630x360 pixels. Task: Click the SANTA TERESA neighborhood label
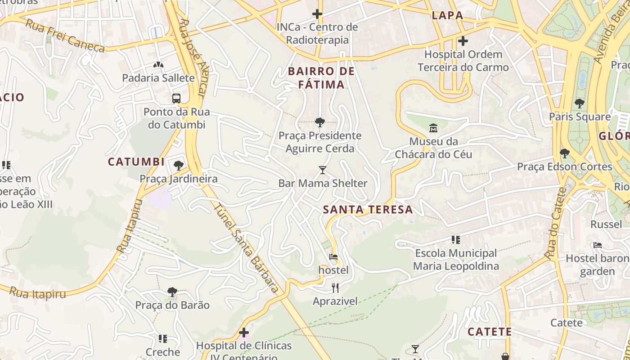pyautogui.click(x=368, y=210)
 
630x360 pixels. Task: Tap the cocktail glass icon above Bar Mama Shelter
pyautogui.click(x=323, y=170)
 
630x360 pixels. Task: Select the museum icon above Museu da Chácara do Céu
pyautogui.click(x=433, y=128)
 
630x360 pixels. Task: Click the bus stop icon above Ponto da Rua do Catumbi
pyautogui.click(x=176, y=98)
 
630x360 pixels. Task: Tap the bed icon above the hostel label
pyautogui.click(x=333, y=257)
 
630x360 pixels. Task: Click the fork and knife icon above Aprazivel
pyautogui.click(x=335, y=288)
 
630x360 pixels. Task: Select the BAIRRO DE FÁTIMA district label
pyautogui.click(x=321, y=78)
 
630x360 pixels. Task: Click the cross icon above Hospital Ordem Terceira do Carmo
pyautogui.click(x=463, y=41)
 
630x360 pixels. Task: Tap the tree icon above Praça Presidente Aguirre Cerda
pyautogui.click(x=320, y=122)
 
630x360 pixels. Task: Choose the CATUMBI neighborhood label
pyautogui.click(x=136, y=162)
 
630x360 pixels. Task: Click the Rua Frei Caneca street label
pyautogui.click(x=65, y=36)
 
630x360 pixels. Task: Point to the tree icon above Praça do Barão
pyautogui.click(x=172, y=292)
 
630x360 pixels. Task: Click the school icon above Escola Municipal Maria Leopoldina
pyautogui.click(x=456, y=240)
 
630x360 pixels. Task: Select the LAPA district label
pyautogui.click(x=447, y=15)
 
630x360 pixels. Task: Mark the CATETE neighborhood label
pyautogui.click(x=490, y=332)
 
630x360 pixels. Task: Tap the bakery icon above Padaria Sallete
pyautogui.click(x=158, y=65)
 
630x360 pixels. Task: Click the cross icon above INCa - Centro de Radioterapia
pyautogui.click(x=317, y=14)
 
